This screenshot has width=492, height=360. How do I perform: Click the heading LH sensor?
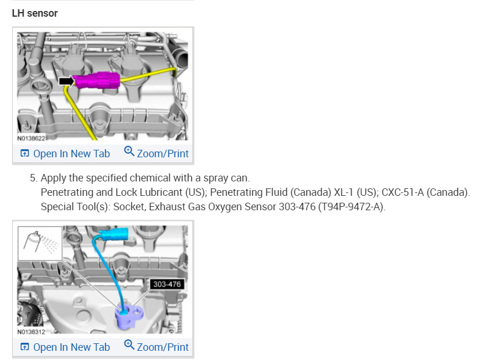click(x=35, y=13)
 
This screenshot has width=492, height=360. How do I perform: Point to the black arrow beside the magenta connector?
click(x=66, y=81)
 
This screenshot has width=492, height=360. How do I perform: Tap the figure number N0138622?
click(x=31, y=138)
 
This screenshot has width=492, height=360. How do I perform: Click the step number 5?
click(x=33, y=178)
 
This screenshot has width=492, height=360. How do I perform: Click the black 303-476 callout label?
click(x=168, y=284)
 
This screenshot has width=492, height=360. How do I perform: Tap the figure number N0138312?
click(x=31, y=332)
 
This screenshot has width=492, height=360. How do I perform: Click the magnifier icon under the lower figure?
click(x=129, y=346)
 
